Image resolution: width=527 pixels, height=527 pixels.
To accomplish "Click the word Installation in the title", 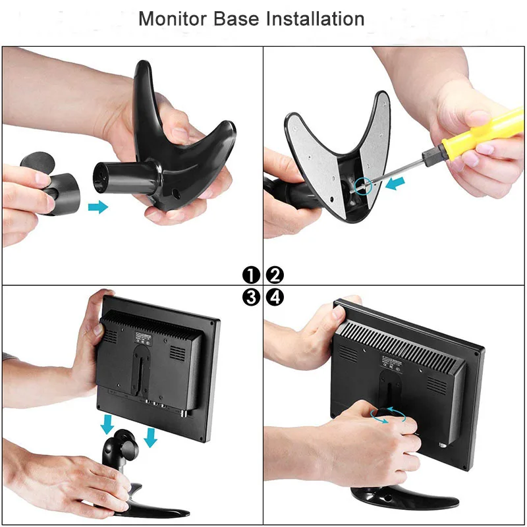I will point(315,18).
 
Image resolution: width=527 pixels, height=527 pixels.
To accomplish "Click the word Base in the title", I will point(238,18).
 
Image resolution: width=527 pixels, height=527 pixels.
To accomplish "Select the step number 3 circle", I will point(251,298).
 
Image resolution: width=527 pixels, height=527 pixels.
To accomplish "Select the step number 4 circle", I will point(275,298).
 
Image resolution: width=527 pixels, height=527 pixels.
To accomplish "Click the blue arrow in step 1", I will point(98,208).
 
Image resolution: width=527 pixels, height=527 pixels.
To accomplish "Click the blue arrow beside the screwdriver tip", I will point(394,182).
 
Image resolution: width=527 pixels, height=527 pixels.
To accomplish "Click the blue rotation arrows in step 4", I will point(387,414).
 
